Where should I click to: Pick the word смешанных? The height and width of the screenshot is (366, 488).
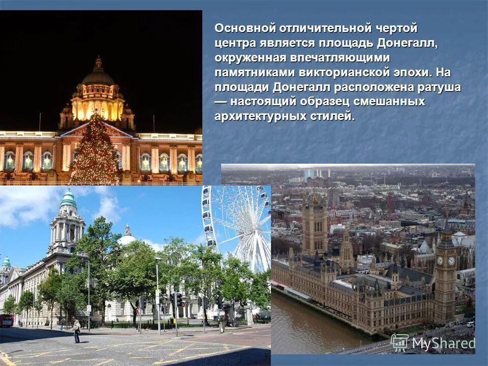click(391, 102)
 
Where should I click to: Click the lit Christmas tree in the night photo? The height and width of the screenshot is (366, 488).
click(95, 150)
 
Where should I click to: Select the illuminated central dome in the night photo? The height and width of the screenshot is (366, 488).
click(98, 76)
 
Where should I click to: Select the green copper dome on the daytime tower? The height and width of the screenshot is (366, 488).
click(68, 199)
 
